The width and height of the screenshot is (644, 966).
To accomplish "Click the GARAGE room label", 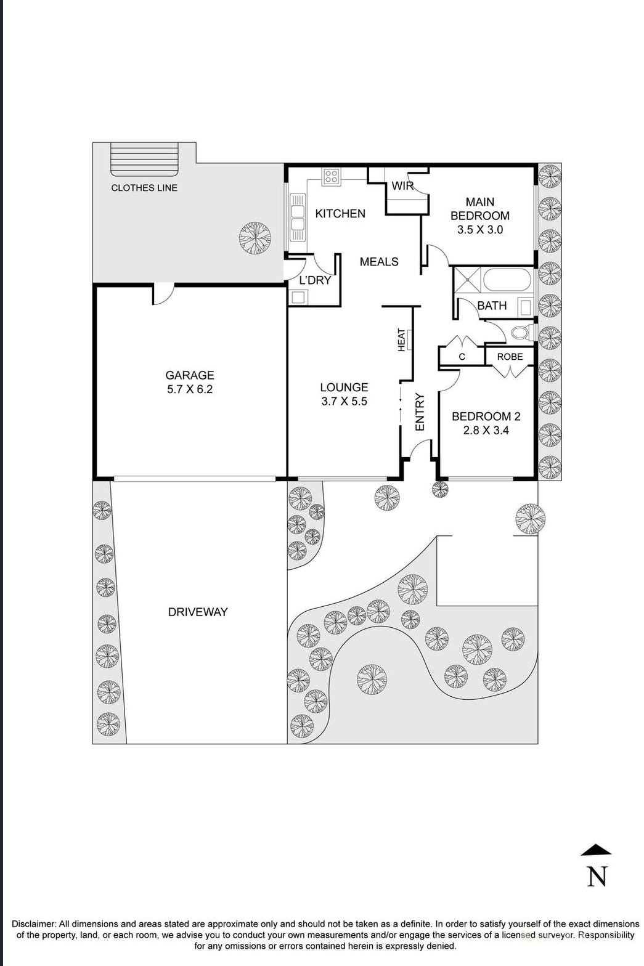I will [x=189, y=375].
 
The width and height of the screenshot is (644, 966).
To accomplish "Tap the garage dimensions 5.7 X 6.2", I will [x=189, y=389].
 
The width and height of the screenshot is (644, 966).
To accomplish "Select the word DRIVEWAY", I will [x=198, y=612].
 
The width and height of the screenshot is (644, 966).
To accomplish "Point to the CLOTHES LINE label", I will [x=144, y=188].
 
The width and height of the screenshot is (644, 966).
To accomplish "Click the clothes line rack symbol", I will [x=145, y=160].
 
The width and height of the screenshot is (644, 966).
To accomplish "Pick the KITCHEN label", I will [x=340, y=214].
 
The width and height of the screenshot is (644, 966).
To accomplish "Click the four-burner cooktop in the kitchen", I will [x=331, y=177].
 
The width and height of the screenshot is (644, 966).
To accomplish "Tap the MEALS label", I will [x=379, y=262].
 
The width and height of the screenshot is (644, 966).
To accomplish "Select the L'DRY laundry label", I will [x=315, y=280].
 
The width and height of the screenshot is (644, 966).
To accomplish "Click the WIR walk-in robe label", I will [x=402, y=185].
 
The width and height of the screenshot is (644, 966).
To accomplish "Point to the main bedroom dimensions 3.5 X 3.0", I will [x=480, y=230].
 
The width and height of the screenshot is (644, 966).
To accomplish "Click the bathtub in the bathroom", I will [x=507, y=280].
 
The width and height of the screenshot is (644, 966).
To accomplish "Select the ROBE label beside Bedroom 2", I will [x=510, y=357].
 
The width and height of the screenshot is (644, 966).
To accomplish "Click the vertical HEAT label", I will [x=402, y=340].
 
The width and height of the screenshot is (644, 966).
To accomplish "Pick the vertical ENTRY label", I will [x=420, y=412].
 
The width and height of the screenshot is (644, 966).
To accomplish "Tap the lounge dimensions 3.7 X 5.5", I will [x=344, y=402].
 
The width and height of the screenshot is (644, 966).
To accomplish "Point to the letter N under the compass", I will [x=597, y=876].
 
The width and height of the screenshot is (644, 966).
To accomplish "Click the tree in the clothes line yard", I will [x=255, y=237].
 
